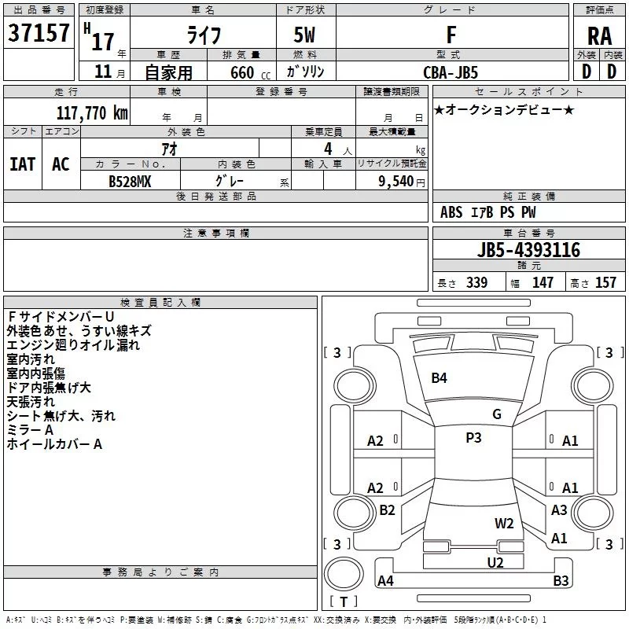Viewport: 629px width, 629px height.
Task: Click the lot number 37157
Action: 39,33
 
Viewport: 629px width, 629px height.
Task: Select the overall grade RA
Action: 600,36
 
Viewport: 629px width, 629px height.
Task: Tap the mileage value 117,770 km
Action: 92,113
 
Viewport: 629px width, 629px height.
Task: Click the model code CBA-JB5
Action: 451,72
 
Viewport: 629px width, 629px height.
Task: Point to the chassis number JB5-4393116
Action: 528,250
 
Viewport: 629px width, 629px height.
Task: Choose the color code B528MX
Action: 130,182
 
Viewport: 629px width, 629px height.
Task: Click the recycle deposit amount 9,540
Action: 396,182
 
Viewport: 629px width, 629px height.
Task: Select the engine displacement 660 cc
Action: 250,73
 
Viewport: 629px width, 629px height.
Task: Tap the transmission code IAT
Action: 23,164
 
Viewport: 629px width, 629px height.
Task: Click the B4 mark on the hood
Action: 439,378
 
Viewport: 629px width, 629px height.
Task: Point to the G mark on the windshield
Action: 497,414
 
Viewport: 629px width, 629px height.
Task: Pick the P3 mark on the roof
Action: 473,438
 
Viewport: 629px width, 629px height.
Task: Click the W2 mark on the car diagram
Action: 504,524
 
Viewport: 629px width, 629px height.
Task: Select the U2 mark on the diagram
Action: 495,563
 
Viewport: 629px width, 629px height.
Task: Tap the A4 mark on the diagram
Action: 385,580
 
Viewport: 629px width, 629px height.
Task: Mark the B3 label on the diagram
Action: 561,580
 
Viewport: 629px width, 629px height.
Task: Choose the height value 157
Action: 605,282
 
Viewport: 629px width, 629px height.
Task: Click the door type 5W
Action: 304,35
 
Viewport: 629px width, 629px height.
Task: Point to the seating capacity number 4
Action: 328,149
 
